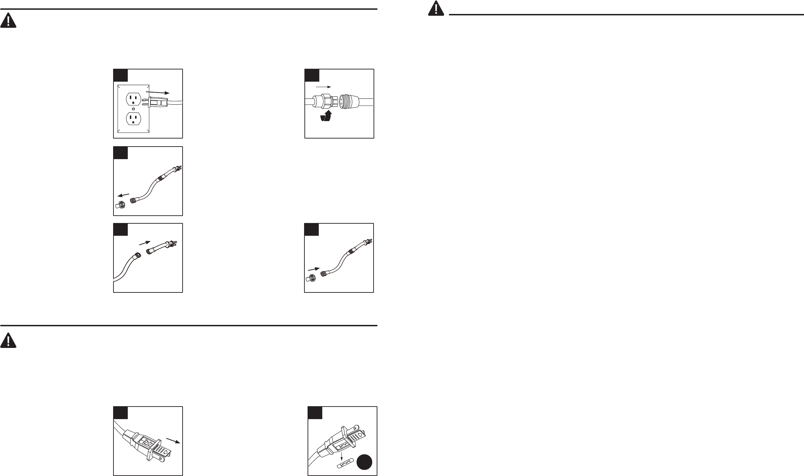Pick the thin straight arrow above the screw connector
(x=323, y=86)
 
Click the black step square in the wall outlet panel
(x=120, y=76)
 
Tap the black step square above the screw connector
(x=312, y=76)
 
